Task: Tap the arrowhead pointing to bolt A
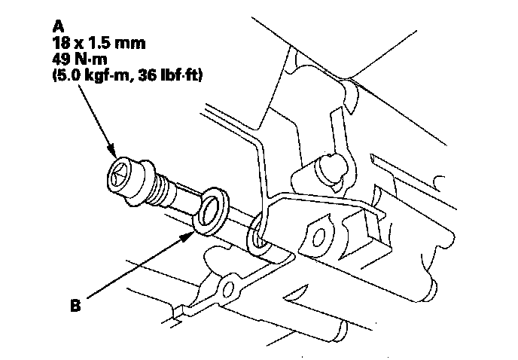[x=113, y=151]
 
